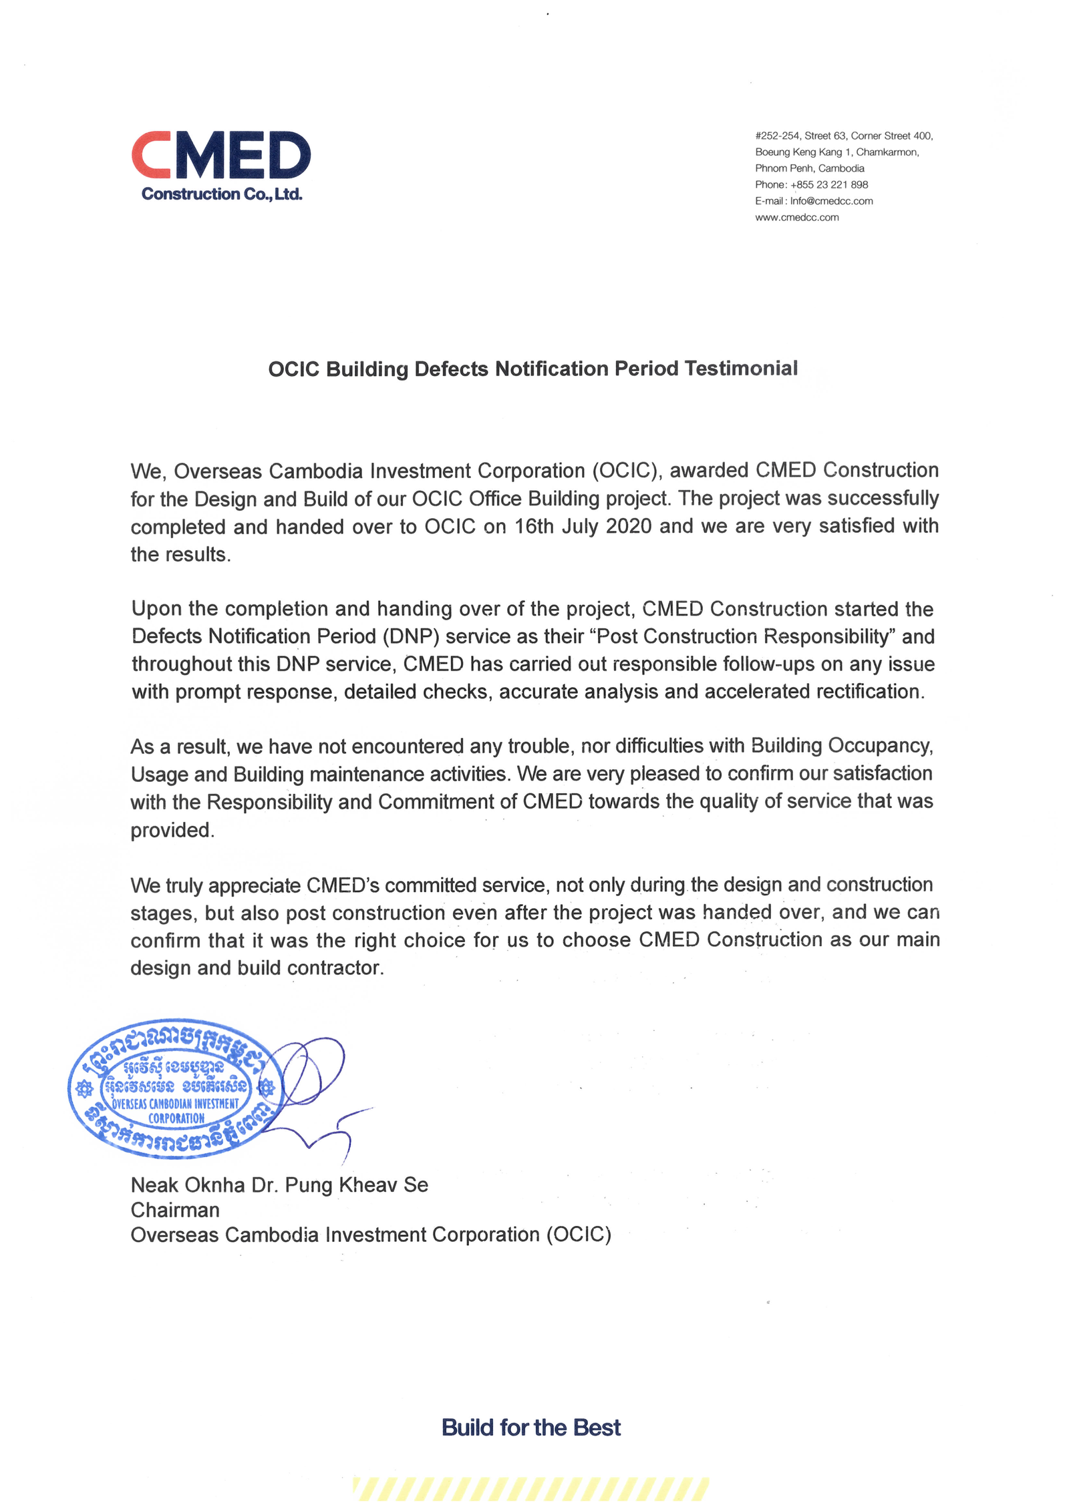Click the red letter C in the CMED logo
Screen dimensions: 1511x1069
pyautogui.click(x=150, y=155)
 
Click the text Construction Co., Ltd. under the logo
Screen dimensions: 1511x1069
pyautogui.click(x=222, y=194)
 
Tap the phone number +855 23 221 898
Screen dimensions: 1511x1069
pyautogui.click(x=828, y=185)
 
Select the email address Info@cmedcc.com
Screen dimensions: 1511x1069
pyautogui.click(x=831, y=201)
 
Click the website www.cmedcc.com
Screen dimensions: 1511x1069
pyautogui.click(x=796, y=218)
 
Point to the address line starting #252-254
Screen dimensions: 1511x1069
pyautogui.click(x=843, y=136)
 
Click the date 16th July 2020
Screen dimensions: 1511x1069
pyautogui.click(x=583, y=526)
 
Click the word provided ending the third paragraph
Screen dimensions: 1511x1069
pyautogui.click(x=171, y=830)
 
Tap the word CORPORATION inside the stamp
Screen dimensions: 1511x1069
pyautogui.click(x=176, y=1118)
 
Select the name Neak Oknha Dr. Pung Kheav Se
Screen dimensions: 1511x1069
pyautogui.click(x=279, y=1185)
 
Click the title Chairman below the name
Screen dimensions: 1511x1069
pyautogui.click(x=175, y=1210)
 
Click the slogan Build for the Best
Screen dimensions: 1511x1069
pyautogui.click(x=531, y=1428)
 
